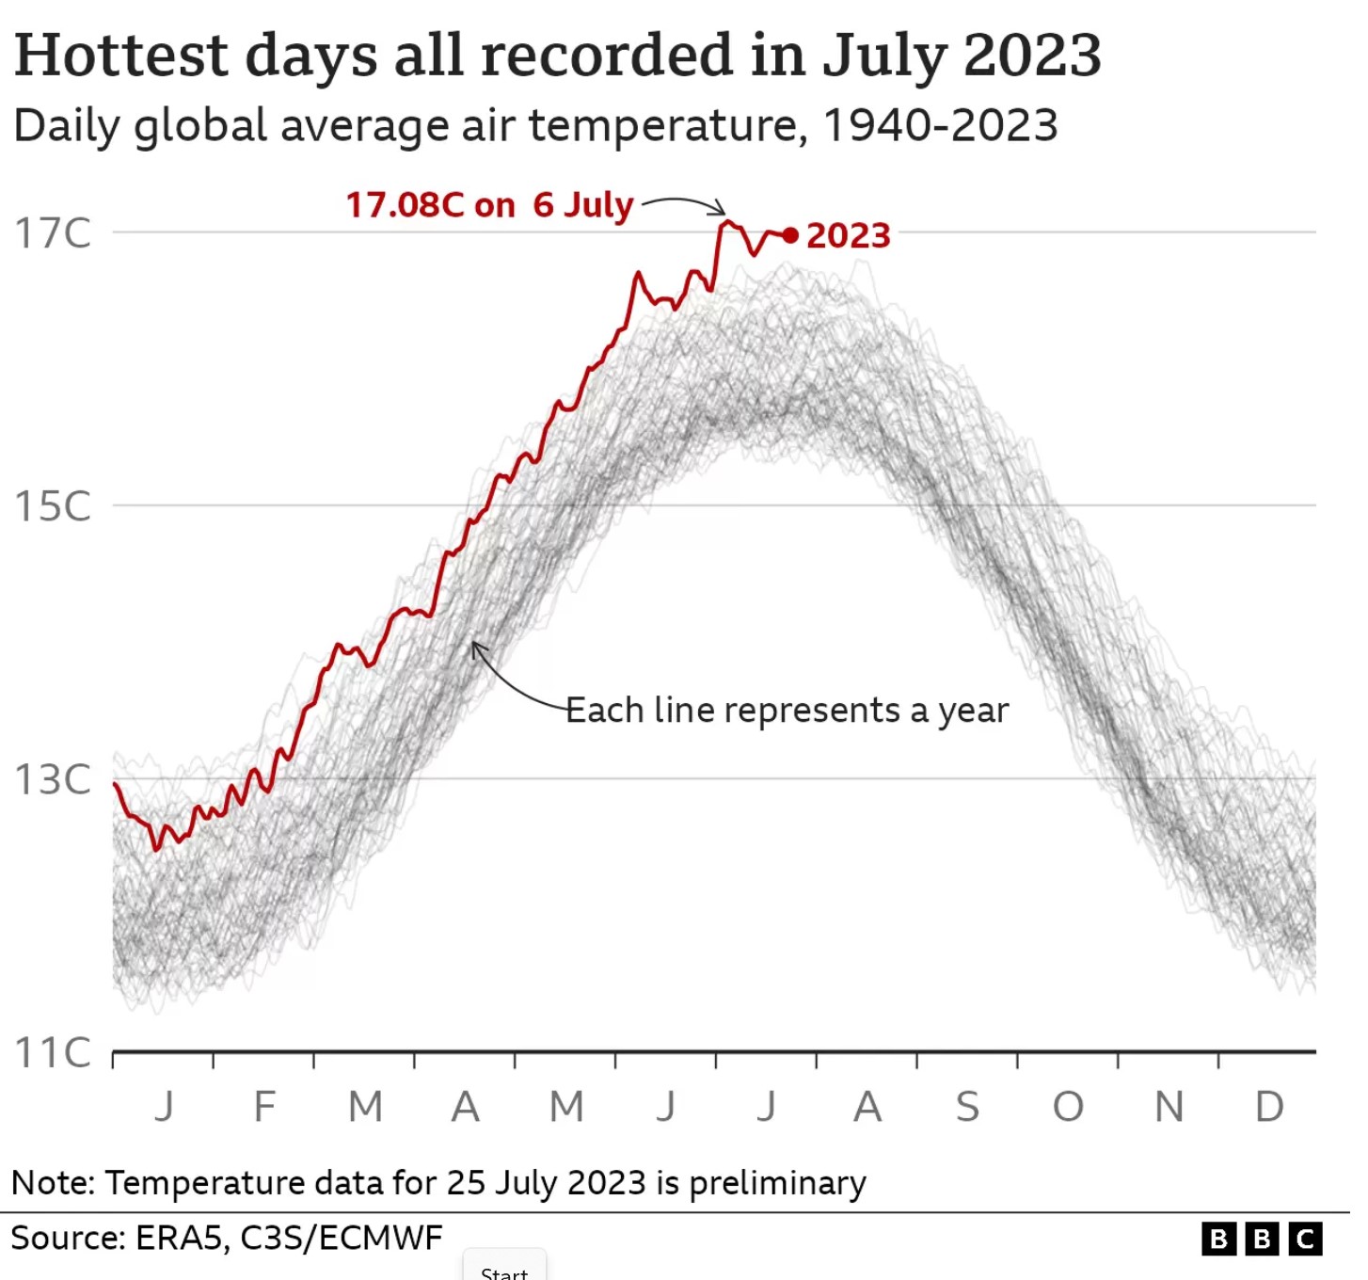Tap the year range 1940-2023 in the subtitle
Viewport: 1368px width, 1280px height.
point(940,125)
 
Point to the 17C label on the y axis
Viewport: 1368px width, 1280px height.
point(53,233)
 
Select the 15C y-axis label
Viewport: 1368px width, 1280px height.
point(53,506)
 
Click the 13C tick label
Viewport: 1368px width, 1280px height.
point(53,779)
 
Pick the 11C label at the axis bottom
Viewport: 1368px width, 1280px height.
point(53,1052)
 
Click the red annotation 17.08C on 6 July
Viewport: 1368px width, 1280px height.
point(489,204)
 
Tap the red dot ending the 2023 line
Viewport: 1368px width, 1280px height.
point(790,235)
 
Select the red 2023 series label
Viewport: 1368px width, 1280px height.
point(848,235)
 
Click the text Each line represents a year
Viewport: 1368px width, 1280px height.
point(787,710)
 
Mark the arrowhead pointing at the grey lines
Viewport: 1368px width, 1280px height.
point(477,648)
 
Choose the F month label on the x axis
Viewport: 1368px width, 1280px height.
point(264,1107)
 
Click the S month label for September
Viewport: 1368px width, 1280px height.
point(967,1107)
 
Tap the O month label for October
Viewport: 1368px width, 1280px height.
point(1068,1107)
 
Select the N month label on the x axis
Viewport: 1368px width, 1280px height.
point(1169,1107)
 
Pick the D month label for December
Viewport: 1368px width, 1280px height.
point(1269,1107)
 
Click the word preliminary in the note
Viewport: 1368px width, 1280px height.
point(777,1183)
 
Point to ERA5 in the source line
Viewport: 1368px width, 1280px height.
point(178,1238)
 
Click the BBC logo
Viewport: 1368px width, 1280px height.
point(1262,1239)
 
